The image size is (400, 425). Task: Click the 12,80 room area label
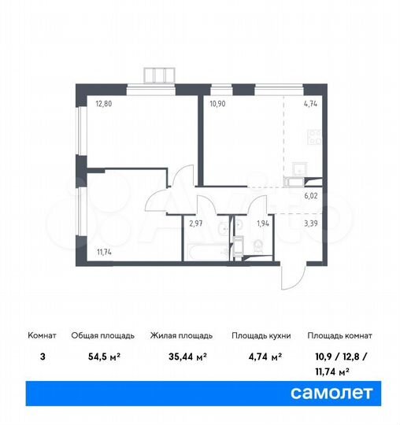coord(105,102)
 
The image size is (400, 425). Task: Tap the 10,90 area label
coord(218,102)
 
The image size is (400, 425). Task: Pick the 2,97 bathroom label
coord(197,224)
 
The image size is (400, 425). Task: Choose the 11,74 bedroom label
coord(105,252)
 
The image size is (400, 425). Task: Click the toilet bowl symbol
coord(258,246)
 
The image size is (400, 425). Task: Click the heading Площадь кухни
coord(261,335)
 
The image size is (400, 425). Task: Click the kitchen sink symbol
coord(298,168)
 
